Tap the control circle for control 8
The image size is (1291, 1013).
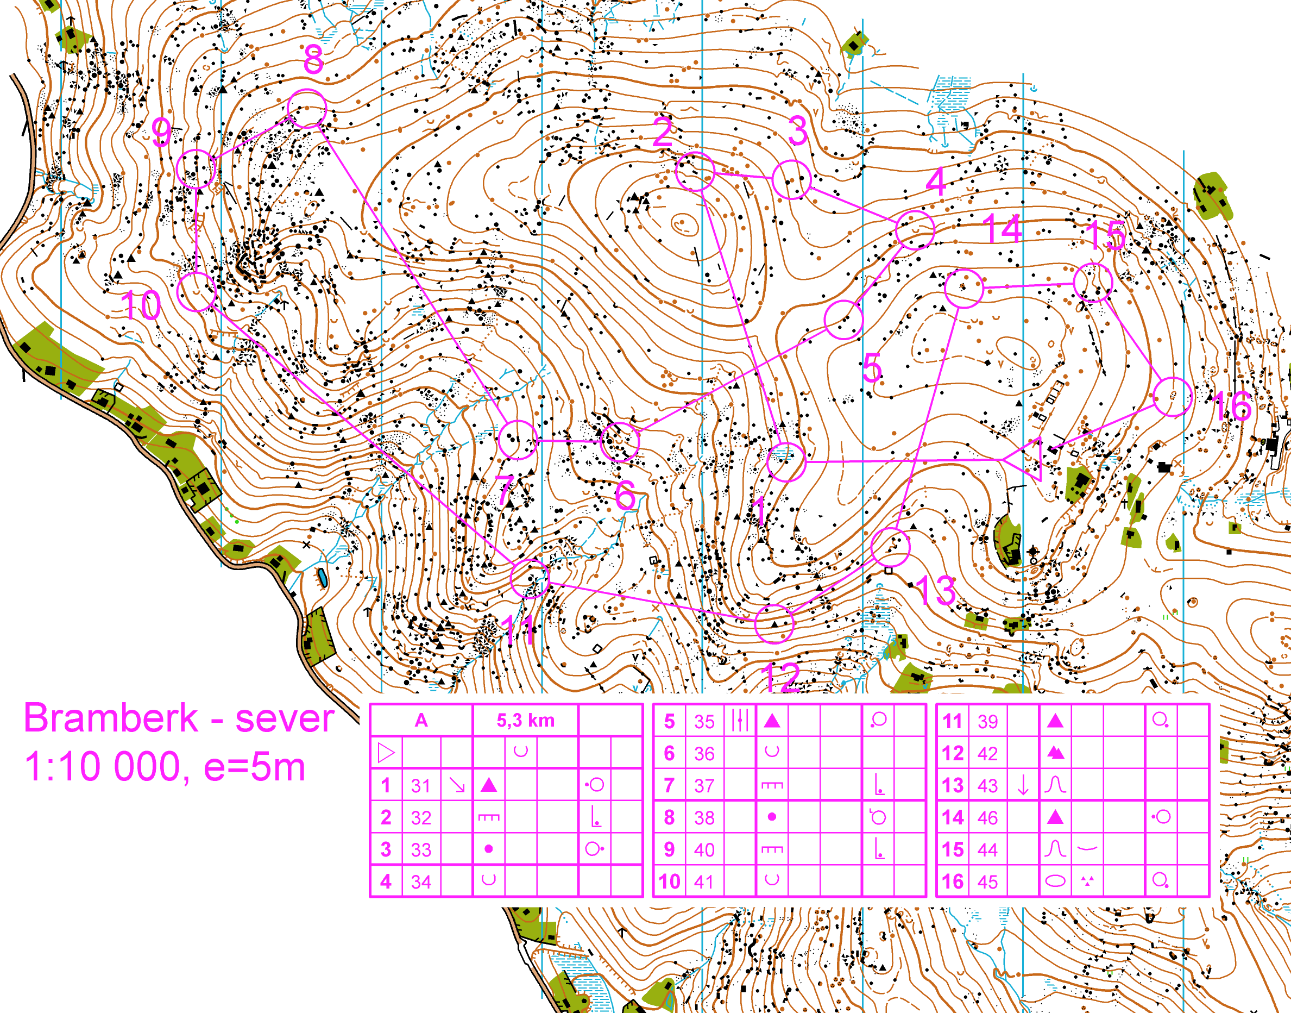click(x=306, y=109)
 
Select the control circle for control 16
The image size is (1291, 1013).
click(x=1173, y=396)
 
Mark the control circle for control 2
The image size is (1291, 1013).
click(x=695, y=171)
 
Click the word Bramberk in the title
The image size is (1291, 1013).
click(x=110, y=718)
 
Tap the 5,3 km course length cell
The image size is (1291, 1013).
click(x=525, y=721)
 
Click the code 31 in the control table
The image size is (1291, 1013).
click(x=421, y=786)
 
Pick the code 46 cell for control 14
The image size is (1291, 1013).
click(x=987, y=818)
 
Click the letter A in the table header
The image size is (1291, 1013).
click(x=421, y=721)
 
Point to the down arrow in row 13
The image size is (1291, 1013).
click(x=1023, y=785)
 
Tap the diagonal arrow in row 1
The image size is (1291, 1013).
click(x=457, y=785)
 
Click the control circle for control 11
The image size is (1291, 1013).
click(x=530, y=578)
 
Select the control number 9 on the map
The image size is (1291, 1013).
click(x=161, y=132)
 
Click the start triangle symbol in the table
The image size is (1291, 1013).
click(x=386, y=753)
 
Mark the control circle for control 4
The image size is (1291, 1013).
click(x=915, y=229)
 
